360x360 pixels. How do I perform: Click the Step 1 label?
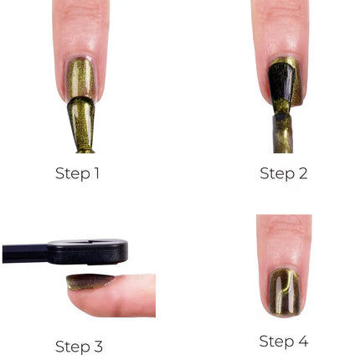click(77, 174)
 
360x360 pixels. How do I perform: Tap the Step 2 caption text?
click(283, 174)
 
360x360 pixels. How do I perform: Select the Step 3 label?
click(78, 346)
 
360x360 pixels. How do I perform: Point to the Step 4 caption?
click(283, 342)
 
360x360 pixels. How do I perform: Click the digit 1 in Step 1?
click(96, 174)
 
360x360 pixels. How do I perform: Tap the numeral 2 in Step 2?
click(302, 174)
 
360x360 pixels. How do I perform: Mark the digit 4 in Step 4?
click(302, 342)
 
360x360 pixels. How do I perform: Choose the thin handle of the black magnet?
click(25, 252)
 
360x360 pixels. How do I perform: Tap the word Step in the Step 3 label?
click(70, 346)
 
